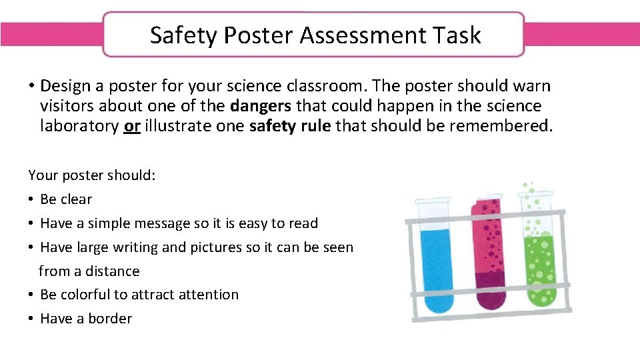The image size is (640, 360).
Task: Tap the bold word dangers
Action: coord(261,106)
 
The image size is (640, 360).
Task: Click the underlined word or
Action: coord(131,126)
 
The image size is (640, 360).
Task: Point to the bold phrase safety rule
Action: coord(289,126)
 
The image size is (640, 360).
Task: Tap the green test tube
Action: coord(539,260)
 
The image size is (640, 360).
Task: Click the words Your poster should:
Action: coord(92,175)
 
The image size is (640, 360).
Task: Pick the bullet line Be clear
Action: coord(66,199)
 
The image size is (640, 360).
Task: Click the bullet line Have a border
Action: coord(86,319)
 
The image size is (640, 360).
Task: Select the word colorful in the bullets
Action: coord(89,295)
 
